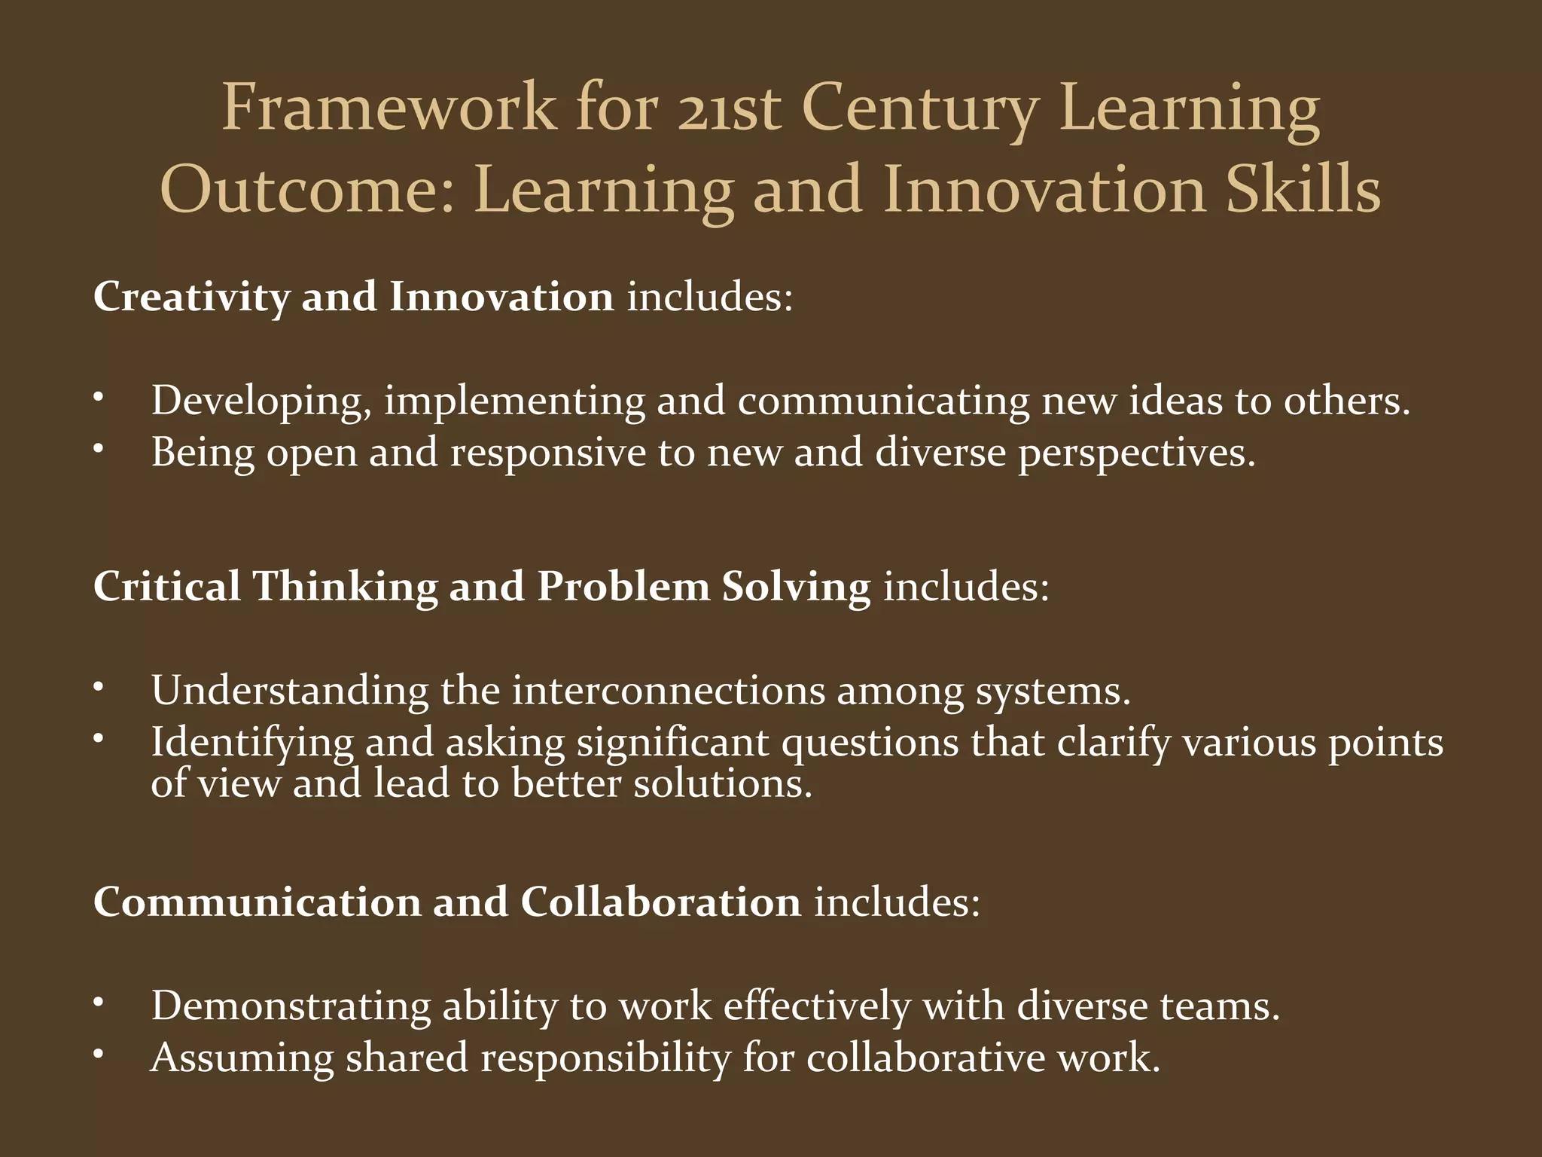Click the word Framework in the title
(x=388, y=107)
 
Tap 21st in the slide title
(x=728, y=107)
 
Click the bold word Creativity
(x=191, y=297)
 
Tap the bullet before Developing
(x=98, y=395)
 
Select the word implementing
(x=514, y=401)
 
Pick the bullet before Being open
(x=98, y=447)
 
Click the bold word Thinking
(x=345, y=587)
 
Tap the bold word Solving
(x=796, y=587)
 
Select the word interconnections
(x=669, y=689)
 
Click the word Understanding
(x=290, y=691)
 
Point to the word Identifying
(x=252, y=743)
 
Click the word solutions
(x=723, y=783)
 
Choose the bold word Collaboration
(x=660, y=902)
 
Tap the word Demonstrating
(x=291, y=1006)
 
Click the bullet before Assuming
(x=98, y=1053)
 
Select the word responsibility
(x=605, y=1058)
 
